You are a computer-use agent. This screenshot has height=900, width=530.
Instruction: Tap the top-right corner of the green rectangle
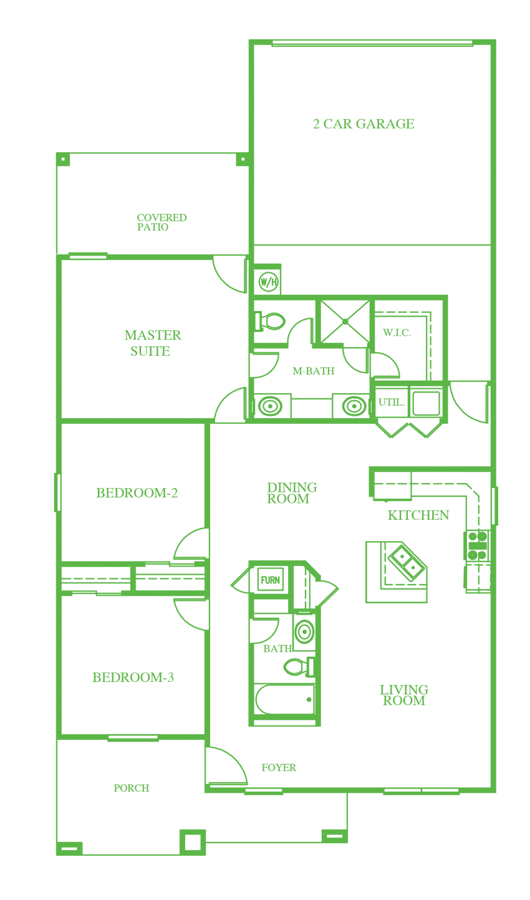tap(497, 40)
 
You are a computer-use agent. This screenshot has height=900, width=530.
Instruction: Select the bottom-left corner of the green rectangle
tap(54, 855)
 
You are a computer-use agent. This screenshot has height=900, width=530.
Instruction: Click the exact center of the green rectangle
tap(276, 448)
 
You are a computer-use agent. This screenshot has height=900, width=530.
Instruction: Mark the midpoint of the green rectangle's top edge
tap(276, 40)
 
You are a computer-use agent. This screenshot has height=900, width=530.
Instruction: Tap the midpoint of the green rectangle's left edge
tap(54, 448)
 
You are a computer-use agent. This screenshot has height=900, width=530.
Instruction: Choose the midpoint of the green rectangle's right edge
tap(497, 448)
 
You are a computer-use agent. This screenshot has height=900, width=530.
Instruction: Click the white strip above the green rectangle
tap(276, 19)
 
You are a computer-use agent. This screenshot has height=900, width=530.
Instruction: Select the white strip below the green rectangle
tap(276, 878)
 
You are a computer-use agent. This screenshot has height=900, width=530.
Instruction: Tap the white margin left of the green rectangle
tap(27, 448)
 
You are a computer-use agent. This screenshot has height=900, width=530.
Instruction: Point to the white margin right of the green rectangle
tap(514, 448)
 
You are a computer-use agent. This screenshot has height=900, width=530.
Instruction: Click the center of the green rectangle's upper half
tap(276, 244)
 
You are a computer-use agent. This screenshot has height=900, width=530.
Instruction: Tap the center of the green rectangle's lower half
tap(276, 651)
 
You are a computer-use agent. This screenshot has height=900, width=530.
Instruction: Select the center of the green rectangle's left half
tap(165, 448)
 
